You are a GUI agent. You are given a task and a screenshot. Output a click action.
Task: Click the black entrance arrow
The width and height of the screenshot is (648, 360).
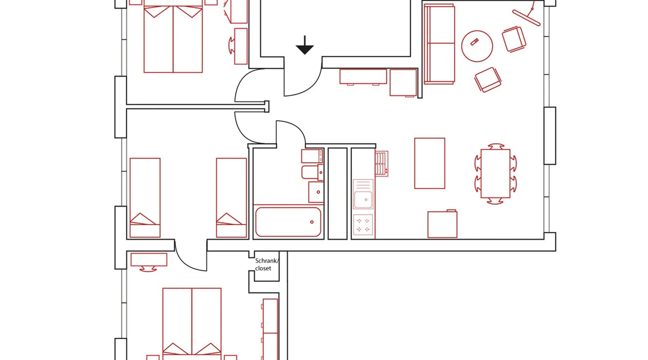(305, 46)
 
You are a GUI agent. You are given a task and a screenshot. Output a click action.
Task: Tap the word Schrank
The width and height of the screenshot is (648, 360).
(266, 261)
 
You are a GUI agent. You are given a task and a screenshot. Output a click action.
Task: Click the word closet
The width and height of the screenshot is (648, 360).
(263, 268)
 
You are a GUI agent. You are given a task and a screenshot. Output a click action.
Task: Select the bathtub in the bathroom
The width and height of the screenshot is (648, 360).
(288, 222)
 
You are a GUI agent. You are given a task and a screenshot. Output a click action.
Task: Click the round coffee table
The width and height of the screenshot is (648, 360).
(477, 46)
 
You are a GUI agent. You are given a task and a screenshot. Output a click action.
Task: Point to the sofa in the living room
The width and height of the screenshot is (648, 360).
(439, 44)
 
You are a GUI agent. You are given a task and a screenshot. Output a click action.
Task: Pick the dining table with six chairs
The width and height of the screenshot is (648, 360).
(495, 174)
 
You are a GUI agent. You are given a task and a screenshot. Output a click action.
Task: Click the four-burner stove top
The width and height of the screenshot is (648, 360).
(363, 225)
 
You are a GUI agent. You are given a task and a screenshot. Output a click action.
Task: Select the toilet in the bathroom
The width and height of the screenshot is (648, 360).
(312, 172)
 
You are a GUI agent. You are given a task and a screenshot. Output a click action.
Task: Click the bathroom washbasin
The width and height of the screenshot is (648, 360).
(316, 192)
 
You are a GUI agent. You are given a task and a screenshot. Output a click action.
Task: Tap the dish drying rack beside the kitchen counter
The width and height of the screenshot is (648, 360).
(382, 164)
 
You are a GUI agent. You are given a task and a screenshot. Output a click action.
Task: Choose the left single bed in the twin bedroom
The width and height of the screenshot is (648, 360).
(145, 198)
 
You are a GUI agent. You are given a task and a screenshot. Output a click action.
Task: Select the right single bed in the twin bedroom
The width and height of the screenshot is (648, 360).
(231, 198)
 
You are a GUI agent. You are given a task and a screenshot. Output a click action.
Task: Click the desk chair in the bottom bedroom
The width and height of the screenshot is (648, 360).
(148, 269)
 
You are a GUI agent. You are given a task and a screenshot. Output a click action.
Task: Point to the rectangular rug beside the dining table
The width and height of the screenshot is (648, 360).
(429, 163)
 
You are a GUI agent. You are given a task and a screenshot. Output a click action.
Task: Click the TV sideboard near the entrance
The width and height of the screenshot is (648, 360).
(363, 77)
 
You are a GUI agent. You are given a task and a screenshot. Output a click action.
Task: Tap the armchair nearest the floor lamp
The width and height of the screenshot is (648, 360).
(514, 39)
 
